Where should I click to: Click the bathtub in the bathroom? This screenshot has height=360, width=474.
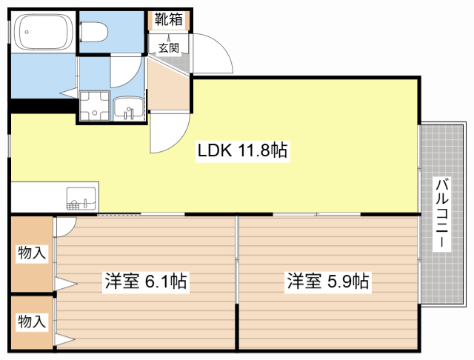coord(43,33)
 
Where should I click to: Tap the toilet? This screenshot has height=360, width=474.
coord(94,32)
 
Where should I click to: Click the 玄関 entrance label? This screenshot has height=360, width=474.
coord(168,47)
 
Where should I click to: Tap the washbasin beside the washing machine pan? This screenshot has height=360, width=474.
coord(129,109)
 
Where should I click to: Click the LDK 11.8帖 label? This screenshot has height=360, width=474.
coord(241,151)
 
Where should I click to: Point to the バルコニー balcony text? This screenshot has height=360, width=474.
coord(441,215)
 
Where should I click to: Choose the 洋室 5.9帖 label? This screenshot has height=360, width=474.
coord(328,281)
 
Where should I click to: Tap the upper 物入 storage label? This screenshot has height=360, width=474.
coord(32,253)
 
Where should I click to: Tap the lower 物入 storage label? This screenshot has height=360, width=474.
coord(32,321)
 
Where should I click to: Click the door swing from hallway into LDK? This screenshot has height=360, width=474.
coord(169,133)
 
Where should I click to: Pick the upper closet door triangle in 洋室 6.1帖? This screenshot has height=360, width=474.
coord(65,283)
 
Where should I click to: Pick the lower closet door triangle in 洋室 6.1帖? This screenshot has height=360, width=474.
coord(65,340)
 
